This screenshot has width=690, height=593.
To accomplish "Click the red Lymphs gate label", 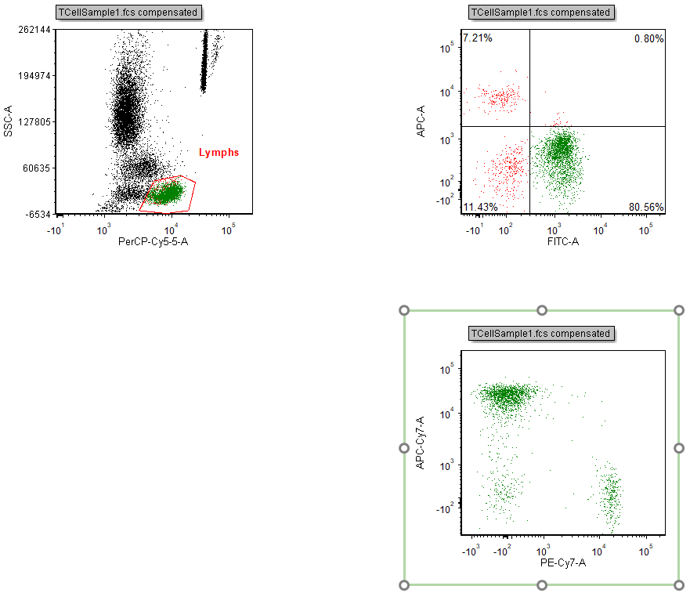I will coord(219,153).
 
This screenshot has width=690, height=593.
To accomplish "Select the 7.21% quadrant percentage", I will coord(477,38).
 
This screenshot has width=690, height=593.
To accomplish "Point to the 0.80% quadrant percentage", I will coord(648,38).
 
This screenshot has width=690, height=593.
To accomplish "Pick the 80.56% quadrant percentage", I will coord(646,207).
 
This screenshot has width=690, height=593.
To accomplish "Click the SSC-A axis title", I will coord(9,121).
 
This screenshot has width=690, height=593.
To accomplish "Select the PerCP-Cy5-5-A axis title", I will coord(153,241).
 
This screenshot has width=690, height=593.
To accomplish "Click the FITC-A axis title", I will coord(562,241).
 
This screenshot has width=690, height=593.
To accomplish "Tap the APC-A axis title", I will coord(421,121).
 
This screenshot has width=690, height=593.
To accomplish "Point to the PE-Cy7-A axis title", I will coord(562,562).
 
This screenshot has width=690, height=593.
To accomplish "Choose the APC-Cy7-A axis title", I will coord(421,443).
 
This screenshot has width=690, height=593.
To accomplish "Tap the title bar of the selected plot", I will coord(541,334).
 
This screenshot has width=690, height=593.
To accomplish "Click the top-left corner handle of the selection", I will coord(404,310).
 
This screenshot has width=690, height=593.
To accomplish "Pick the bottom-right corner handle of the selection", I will coord(678,585).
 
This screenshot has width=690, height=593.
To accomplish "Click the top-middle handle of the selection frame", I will coord(541,310).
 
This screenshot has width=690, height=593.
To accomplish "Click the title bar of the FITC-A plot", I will coord(541,13).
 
